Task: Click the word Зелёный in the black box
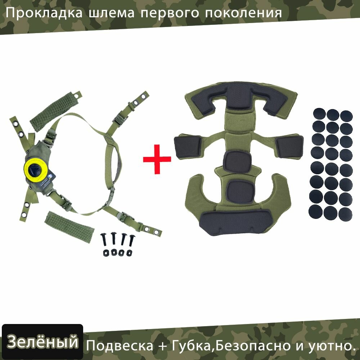(42, 342)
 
